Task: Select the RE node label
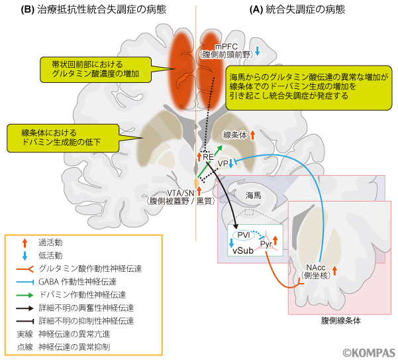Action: [208, 156]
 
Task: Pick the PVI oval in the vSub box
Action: [244, 234]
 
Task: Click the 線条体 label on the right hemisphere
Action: [236, 134]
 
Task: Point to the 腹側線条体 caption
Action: [339, 320]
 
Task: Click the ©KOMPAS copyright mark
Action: [368, 352]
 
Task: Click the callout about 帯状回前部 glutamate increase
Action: [99, 68]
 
